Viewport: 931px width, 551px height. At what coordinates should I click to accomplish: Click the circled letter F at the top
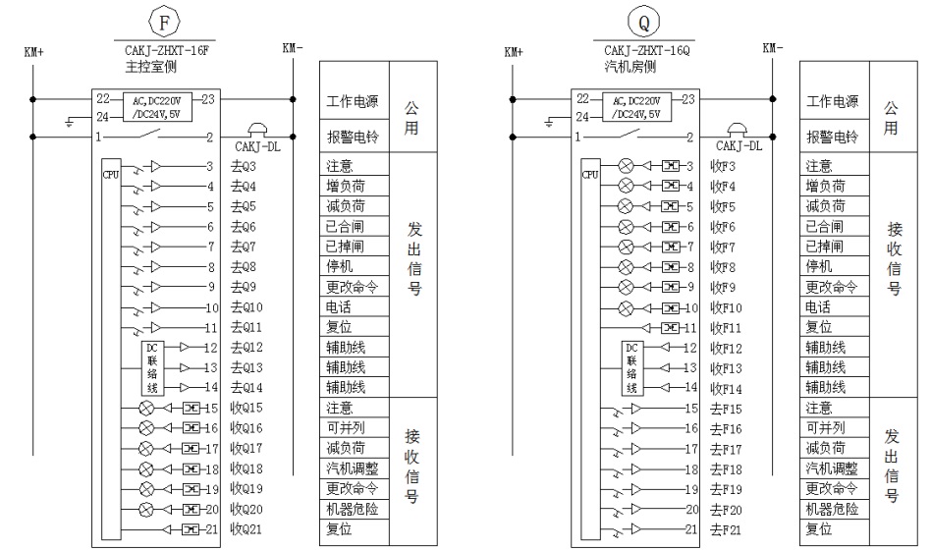(x=164, y=20)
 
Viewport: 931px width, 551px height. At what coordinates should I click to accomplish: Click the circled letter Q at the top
(x=644, y=20)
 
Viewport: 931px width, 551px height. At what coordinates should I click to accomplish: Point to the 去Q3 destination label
(x=243, y=166)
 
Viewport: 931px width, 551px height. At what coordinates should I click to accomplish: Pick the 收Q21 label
(x=246, y=529)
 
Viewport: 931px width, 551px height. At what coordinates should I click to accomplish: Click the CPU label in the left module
(x=109, y=174)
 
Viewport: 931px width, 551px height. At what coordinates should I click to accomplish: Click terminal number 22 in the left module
(x=102, y=98)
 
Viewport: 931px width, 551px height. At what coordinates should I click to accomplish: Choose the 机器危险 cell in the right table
(x=832, y=509)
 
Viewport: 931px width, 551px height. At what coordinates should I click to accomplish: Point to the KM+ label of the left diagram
(x=34, y=51)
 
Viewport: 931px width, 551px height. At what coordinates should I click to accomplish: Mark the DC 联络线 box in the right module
(x=632, y=366)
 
